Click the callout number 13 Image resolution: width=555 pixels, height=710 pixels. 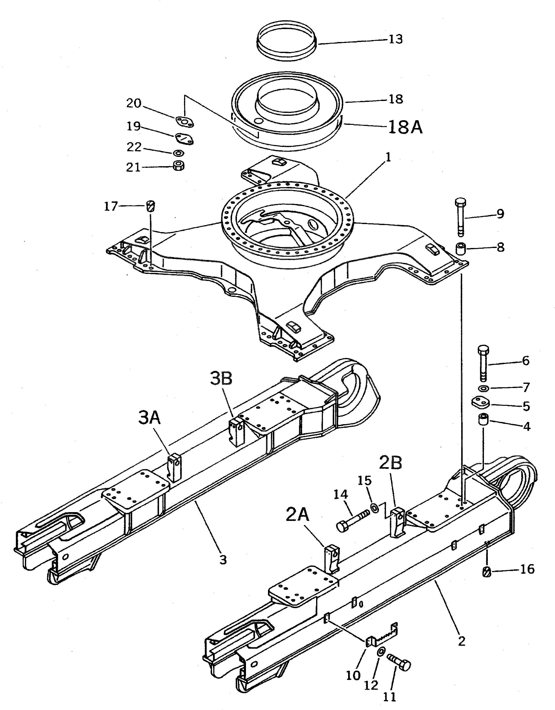coord(395,39)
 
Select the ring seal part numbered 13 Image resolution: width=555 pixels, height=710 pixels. coord(286,39)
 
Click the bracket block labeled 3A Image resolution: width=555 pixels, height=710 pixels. coord(174,467)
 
